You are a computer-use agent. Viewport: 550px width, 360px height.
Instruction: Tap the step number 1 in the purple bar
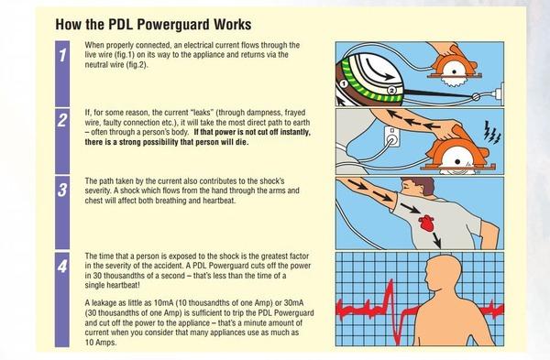[x=62, y=55]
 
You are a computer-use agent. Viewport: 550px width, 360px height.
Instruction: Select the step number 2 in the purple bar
[x=62, y=120]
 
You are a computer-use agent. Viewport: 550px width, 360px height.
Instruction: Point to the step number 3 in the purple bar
[x=62, y=190]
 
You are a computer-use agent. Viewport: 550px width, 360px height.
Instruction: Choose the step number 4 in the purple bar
[x=62, y=267]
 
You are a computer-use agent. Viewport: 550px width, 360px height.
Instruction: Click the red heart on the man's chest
[x=426, y=223]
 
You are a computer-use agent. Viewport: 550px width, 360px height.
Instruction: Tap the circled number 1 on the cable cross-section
[x=344, y=83]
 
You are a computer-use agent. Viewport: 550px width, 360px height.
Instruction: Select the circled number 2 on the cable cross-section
[x=391, y=90]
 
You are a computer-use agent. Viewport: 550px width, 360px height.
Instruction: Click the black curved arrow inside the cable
[x=380, y=70]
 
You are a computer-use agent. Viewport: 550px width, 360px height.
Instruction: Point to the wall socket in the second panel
[x=391, y=136]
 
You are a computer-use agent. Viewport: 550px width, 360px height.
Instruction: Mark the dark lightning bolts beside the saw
[x=491, y=133]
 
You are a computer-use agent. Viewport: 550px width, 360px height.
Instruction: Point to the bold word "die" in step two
[x=241, y=142]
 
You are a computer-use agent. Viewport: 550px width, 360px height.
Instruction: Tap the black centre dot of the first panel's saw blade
[x=455, y=71]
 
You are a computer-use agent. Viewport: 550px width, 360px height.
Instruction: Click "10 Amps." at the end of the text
[x=101, y=343]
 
